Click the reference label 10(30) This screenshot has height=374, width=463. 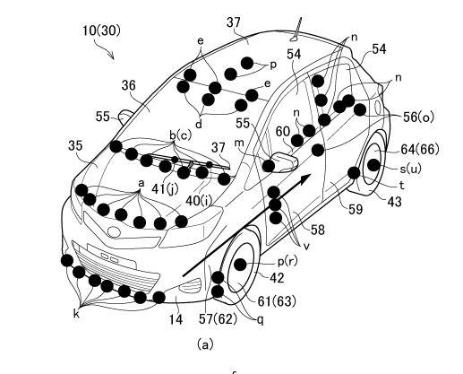click(x=101, y=30)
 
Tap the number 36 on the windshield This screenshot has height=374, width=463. click(x=128, y=85)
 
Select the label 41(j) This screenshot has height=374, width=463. click(x=165, y=188)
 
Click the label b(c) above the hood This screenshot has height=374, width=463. click(x=180, y=135)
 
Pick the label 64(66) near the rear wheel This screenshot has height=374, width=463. click(x=420, y=149)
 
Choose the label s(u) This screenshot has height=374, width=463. click(x=410, y=169)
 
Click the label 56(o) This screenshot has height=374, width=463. click(x=418, y=117)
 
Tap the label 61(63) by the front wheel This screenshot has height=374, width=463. click(x=277, y=301)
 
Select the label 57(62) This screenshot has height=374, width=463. click(x=219, y=319)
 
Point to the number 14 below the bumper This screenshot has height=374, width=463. click(x=176, y=319)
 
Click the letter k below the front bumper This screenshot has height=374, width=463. click(x=76, y=314)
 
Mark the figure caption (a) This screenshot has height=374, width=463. click(x=205, y=344)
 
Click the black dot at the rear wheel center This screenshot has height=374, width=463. click(x=373, y=165)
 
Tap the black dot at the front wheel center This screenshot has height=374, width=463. click(x=240, y=265)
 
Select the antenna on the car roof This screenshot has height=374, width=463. click(x=296, y=30)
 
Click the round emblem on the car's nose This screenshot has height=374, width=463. click(x=114, y=232)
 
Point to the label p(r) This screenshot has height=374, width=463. click(x=287, y=262)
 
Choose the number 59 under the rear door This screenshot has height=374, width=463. click(x=356, y=209)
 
